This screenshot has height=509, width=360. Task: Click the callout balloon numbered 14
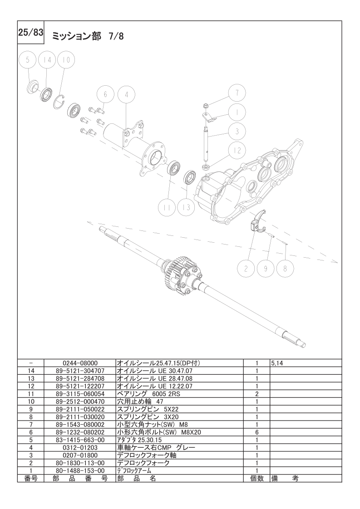(47, 60)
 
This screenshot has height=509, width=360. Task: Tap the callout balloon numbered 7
(237, 93)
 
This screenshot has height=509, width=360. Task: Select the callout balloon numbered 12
(237, 151)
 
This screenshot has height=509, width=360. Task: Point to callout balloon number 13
(186, 207)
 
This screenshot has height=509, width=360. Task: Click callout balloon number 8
(285, 269)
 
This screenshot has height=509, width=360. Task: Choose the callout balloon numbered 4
(126, 94)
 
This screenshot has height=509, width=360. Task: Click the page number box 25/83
(30, 33)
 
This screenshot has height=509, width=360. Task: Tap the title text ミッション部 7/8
(88, 36)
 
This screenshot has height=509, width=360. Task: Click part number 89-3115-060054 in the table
(80, 394)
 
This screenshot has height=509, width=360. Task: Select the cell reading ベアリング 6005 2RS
(148, 394)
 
